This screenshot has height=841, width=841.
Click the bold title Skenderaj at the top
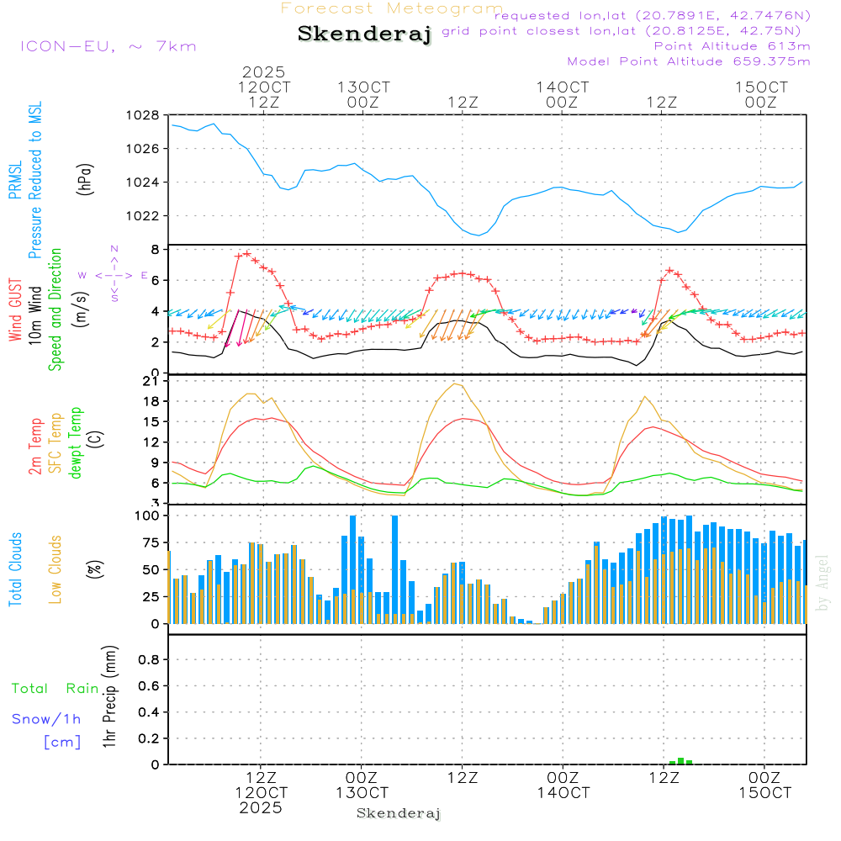(x=364, y=34)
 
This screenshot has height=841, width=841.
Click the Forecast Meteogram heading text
(x=391, y=8)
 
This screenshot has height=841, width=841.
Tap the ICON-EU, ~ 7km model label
(x=108, y=46)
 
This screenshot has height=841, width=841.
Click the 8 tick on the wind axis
(x=155, y=250)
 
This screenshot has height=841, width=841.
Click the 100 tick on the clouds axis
(x=146, y=515)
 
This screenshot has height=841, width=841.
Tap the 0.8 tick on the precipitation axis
(x=149, y=660)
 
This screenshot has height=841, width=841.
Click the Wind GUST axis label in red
(x=16, y=310)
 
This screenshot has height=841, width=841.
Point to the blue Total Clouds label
(x=16, y=569)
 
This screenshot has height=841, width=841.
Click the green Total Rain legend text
(x=56, y=689)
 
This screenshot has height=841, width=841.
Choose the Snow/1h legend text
(x=47, y=719)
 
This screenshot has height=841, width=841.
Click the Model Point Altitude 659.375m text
(x=689, y=61)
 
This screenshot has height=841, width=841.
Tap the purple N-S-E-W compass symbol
(x=114, y=274)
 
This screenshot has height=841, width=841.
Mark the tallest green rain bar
(x=680, y=760)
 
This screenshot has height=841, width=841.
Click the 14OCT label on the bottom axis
(x=563, y=792)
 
